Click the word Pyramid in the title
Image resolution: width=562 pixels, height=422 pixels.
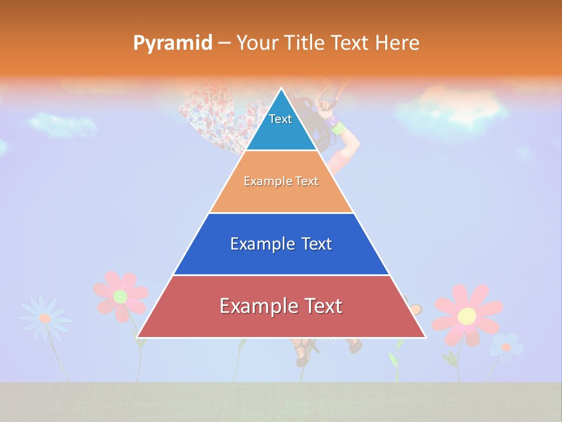click(173, 43)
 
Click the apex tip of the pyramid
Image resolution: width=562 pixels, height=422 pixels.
click(282, 89)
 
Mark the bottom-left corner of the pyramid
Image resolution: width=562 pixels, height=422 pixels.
click(138, 337)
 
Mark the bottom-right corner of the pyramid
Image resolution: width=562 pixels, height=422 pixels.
click(425, 337)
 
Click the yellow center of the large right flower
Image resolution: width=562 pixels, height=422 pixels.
click(467, 316)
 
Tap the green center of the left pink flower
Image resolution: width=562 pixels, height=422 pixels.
click(120, 296)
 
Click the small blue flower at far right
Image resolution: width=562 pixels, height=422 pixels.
click(506, 346)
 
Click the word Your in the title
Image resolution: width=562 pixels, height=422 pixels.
click(256, 43)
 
